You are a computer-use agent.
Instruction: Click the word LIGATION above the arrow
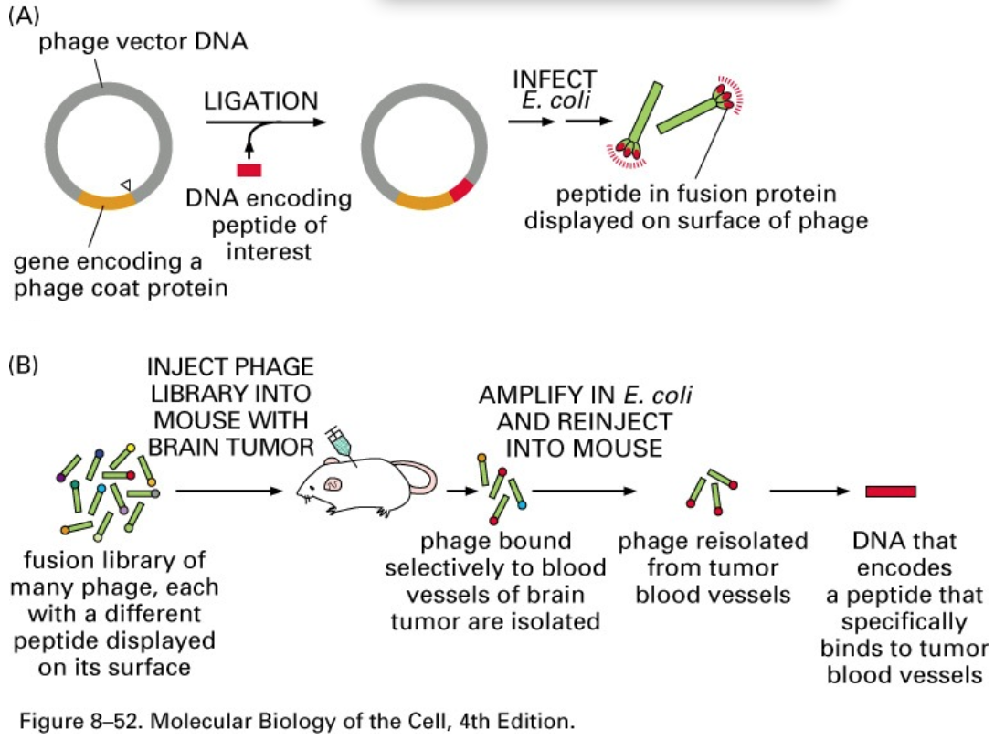tap(260, 101)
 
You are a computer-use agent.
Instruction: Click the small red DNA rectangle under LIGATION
tap(249, 170)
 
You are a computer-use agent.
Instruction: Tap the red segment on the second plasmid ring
tap(463, 189)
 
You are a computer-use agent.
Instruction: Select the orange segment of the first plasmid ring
tap(108, 198)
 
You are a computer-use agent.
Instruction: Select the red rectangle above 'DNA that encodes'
tap(891, 492)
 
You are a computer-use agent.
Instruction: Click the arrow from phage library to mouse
tap(228, 492)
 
